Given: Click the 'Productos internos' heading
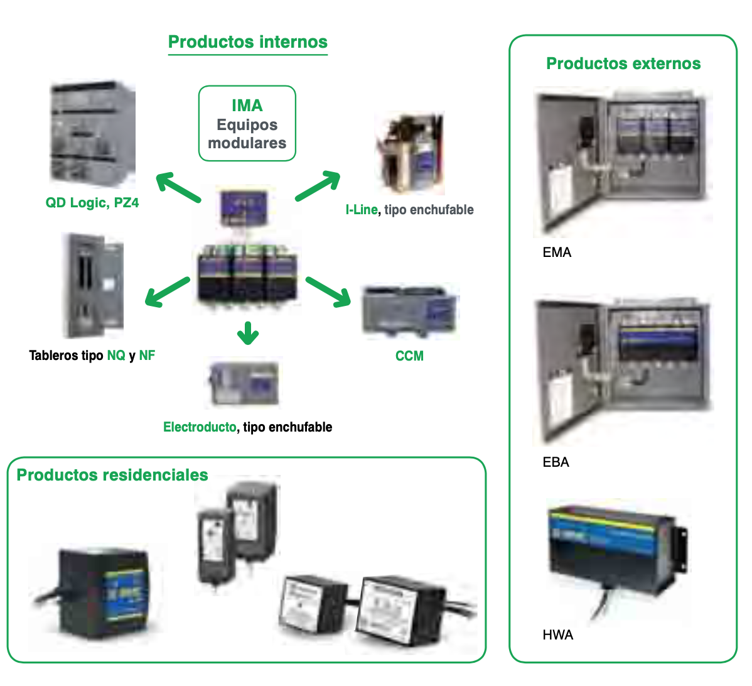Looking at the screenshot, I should tap(248, 42).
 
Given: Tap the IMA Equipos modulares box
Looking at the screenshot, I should tap(247, 124).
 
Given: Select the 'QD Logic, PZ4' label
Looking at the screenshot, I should tap(92, 203).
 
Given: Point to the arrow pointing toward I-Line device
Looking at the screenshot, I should tap(318, 186).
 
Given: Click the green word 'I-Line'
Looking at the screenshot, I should tap(362, 210).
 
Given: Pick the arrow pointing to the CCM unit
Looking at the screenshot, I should tap(328, 292).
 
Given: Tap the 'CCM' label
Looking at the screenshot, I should tap(409, 356).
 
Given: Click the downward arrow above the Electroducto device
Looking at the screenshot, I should tap(248, 334).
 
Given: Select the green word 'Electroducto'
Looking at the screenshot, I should tap(200, 427).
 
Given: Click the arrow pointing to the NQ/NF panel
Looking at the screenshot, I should tap(167, 292).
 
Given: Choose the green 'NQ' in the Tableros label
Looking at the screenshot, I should tap(116, 356).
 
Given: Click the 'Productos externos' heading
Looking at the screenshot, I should tap(623, 63).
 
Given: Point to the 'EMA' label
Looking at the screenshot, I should tap(557, 253).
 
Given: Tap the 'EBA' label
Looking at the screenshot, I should tap(556, 462).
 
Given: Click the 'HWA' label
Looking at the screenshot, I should tap(557, 635).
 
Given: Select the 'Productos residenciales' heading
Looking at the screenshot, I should tap(112, 475).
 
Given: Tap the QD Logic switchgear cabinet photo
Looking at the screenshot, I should tap(92, 134).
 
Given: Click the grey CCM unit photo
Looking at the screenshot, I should tap(410, 311).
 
